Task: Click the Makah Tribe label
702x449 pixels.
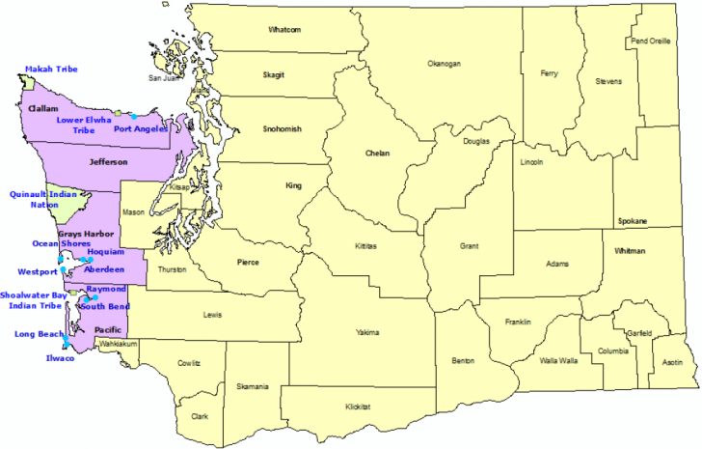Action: point(51,70)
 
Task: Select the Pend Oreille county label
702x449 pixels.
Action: point(650,42)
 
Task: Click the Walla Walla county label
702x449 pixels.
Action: point(557,360)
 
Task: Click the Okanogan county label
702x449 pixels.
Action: point(445,64)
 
